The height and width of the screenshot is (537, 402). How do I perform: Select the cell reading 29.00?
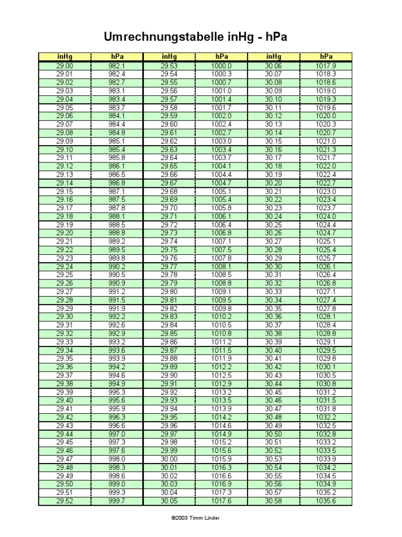coord(65,66)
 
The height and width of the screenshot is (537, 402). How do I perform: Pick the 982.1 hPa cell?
coord(117,66)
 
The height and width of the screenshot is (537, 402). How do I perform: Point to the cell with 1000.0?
coord(221,66)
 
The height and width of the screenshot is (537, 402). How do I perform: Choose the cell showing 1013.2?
coord(221,392)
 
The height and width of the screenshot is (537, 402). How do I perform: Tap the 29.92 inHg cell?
coord(169,392)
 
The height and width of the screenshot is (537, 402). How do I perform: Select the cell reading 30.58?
coord(273,501)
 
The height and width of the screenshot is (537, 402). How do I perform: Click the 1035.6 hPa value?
coord(326,501)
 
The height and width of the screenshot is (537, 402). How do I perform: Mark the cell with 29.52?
coord(65,501)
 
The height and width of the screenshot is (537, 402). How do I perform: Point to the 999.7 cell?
coord(117,501)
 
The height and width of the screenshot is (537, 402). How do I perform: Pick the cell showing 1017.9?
coord(326,66)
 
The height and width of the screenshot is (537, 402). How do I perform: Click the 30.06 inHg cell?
coord(273,66)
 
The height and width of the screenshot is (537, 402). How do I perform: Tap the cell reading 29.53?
coord(169,66)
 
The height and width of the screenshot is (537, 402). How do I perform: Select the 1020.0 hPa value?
coord(326,116)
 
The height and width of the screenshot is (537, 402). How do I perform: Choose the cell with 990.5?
coord(117,275)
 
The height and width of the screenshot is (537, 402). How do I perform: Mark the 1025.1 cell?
coord(326,242)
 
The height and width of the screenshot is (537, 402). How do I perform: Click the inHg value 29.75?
coord(169,250)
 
